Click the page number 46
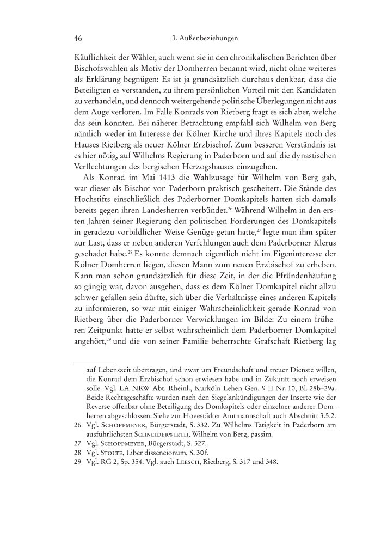point(77,39)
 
